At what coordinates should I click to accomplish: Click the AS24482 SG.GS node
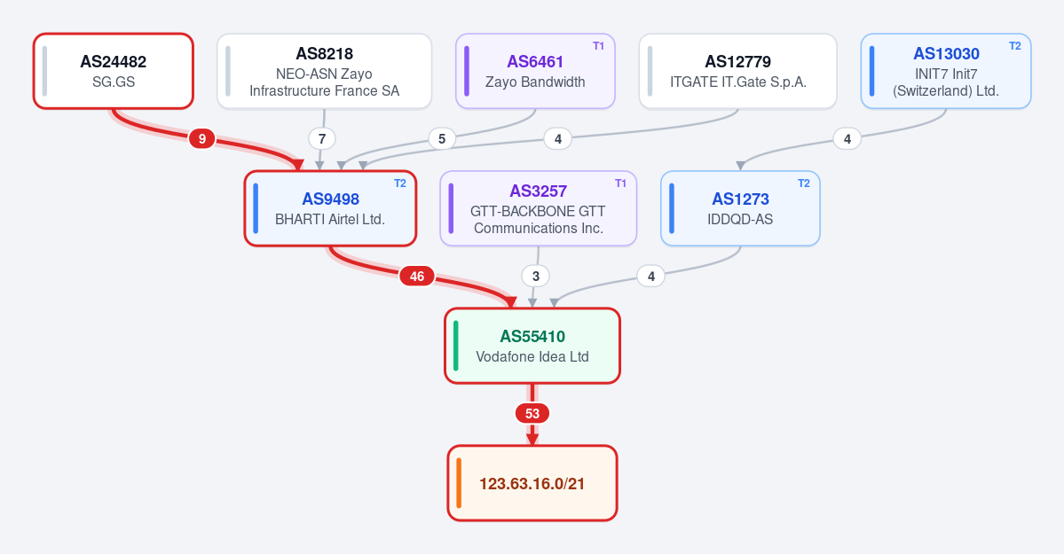point(114,71)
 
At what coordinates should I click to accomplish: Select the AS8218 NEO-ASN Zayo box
point(325,71)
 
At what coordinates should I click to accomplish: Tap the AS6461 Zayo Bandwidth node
point(535,71)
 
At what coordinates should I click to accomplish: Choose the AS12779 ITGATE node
point(737,71)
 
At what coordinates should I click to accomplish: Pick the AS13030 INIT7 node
point(946,71)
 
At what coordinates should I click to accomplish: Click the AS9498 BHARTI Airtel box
point(330,208)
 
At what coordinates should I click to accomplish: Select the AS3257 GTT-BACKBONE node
point(538,208)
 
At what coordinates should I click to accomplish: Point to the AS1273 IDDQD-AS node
point(740,208)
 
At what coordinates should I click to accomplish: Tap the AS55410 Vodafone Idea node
point(532,346)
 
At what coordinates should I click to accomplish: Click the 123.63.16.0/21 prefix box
point(532,483)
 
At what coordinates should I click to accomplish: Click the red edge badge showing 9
point(201,139)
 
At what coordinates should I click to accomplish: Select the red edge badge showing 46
point(417,276)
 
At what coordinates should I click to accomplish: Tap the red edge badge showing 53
point(532,414)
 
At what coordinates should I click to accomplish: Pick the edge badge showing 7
point(321,139)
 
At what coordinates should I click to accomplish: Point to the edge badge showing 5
point(442,139)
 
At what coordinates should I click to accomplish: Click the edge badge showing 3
point(535,276)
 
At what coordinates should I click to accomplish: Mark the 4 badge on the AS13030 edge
point(847,139)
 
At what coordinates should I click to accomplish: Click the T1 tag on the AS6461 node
point(598,46)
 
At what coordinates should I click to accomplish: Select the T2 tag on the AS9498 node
point(399,183)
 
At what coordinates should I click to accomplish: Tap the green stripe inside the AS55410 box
point(456,346)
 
